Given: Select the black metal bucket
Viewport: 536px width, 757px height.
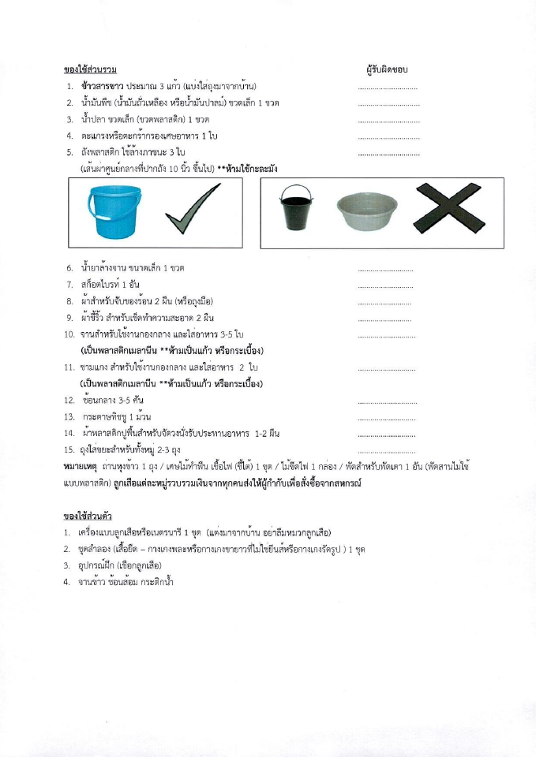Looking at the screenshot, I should pyautogui.click(x=297, y=209).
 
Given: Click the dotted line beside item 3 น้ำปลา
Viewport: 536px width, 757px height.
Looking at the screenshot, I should pyautogui.click(x=388, y=121).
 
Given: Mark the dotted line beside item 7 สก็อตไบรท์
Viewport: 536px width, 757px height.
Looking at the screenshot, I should pyautogui.click(x=385, y=285).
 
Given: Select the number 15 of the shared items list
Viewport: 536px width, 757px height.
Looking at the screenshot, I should pyautogui.click(x=69, y=450).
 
